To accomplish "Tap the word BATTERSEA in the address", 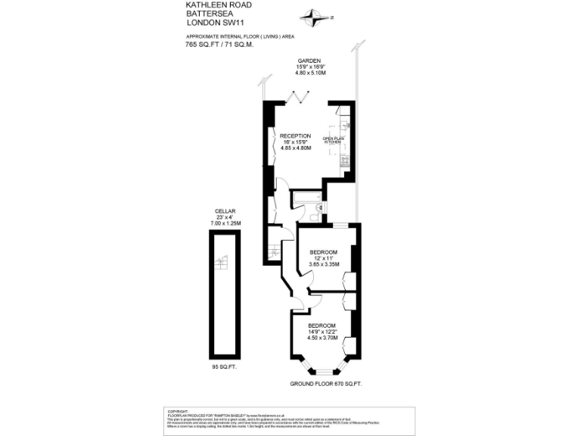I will (x=207, y=14).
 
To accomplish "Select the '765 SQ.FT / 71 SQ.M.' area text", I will (x=219, y=45).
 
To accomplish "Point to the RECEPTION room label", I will (x=295, y=135).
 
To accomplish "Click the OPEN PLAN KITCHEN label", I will (x=334, y=140).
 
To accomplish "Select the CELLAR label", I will (x=225, y=210).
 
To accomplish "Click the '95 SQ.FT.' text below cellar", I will (x=225, y=367).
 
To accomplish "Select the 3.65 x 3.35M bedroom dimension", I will (x=323, y=264).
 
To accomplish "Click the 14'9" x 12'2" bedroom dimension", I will (x=322, y=332).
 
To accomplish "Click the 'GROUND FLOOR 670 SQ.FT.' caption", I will (x=326, y=384).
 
